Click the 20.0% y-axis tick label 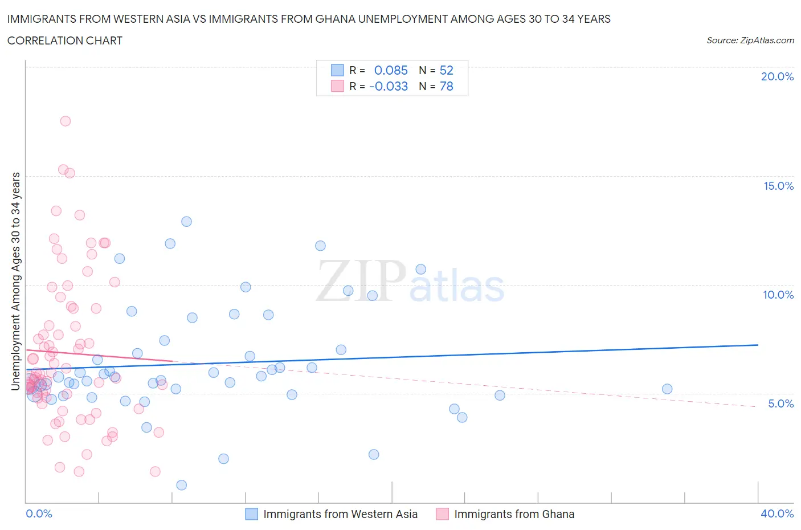click(x=777, y=76)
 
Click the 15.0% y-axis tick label click(x=778, y=186)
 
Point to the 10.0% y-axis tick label click(x=778, y=295)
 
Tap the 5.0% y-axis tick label click(x=780, y=403)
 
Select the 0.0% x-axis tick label click(x=39, y=513)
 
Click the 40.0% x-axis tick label click(x=777, y=513)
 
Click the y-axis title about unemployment click(x=16, y=282)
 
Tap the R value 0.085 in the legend click(x=391, y=70)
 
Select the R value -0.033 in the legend click(x=389, y=86)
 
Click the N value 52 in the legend click(x=446, y=70)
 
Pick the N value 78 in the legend click(x=446, y=86)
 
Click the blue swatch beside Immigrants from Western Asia click(x=251, y=514)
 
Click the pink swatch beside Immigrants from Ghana click(x=442, y=514)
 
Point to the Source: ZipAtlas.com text click(x=750, y=40)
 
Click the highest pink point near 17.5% click(x=66, y=121)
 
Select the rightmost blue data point click(x=667, y=389)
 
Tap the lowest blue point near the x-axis click(x=181, y=485)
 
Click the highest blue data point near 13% click(x=186, y=222)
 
